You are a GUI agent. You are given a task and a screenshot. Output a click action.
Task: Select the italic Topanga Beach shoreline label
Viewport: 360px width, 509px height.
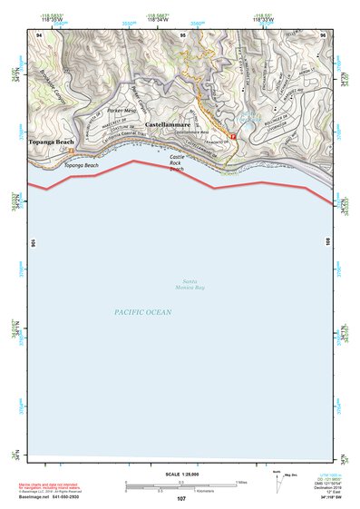click(83, 166)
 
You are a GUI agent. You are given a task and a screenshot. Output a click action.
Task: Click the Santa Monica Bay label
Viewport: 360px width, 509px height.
click(190, 284)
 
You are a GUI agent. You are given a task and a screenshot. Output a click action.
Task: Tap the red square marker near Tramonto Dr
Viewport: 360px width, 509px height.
click(233, 137)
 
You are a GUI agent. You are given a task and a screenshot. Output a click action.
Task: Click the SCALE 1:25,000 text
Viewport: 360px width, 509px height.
click(180, 475)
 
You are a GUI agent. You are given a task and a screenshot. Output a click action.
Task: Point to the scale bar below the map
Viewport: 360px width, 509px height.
click(180, 485)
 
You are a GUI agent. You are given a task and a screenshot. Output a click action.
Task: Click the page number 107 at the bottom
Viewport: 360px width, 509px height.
click(180, 500)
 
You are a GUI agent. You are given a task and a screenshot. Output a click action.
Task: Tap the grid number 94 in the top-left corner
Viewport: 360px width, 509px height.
click(40, 34)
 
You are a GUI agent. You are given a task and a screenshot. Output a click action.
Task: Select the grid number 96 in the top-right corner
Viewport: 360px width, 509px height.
click(322, 34)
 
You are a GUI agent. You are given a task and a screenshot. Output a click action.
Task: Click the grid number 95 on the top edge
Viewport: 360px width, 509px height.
click(182, 34)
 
